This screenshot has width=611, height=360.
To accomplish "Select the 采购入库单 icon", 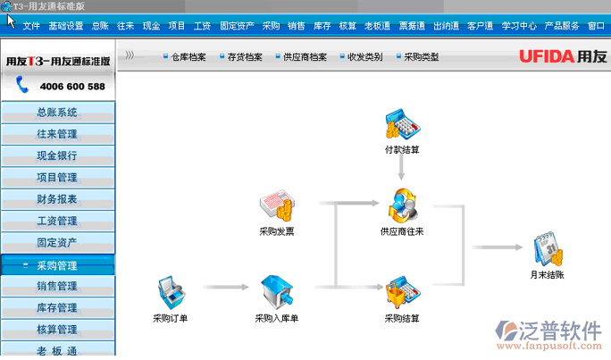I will click(x=276, y=292).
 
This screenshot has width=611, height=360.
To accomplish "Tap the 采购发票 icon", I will click(x=276, y=207).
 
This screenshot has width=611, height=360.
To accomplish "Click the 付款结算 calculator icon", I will click(x=401, y=124).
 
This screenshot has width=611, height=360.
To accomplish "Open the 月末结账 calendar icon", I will click(x=548, y=250).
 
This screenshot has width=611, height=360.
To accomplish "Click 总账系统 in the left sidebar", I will click(x=57, y=113).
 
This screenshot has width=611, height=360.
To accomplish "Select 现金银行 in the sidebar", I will click(x=57, y=155).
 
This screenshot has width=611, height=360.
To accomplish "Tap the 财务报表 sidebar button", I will click(x=57, y=198).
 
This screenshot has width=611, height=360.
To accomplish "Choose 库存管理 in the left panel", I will click(x=57, y=308).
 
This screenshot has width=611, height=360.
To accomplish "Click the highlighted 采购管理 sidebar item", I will click(x=57, y=265).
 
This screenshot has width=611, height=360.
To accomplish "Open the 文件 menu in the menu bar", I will click(x=31, y=26).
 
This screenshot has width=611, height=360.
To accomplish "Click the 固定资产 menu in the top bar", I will click(x=236, y=26).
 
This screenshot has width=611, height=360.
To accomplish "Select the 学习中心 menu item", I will click(x=519, y=26).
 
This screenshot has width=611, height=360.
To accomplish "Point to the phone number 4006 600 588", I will click(x=71, y=87).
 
